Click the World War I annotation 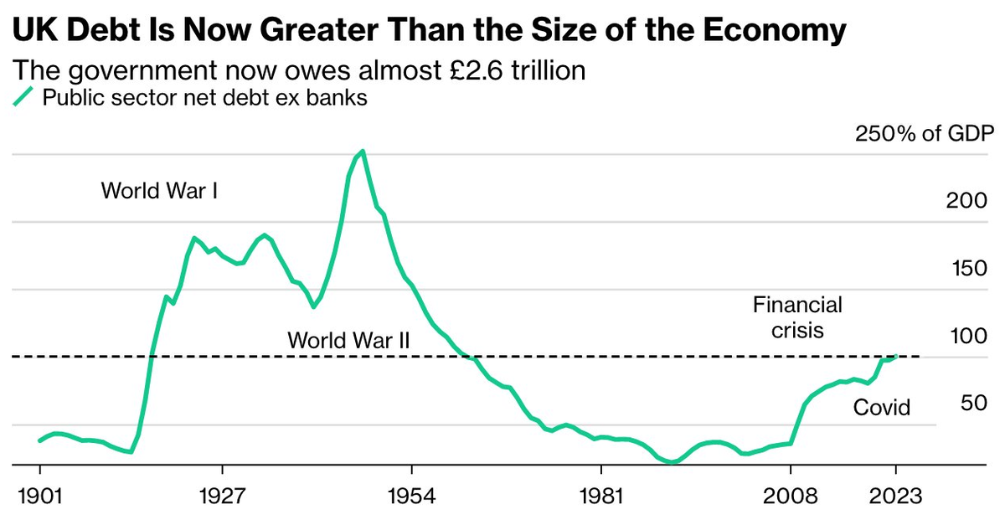coord(160,191)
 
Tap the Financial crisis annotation coord(797,317)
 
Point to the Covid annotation coord(881,409)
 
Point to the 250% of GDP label coord(923,134)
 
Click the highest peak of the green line coord(362,152)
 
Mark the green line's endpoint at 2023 coord(896,356)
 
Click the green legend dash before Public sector coord(25,96)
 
